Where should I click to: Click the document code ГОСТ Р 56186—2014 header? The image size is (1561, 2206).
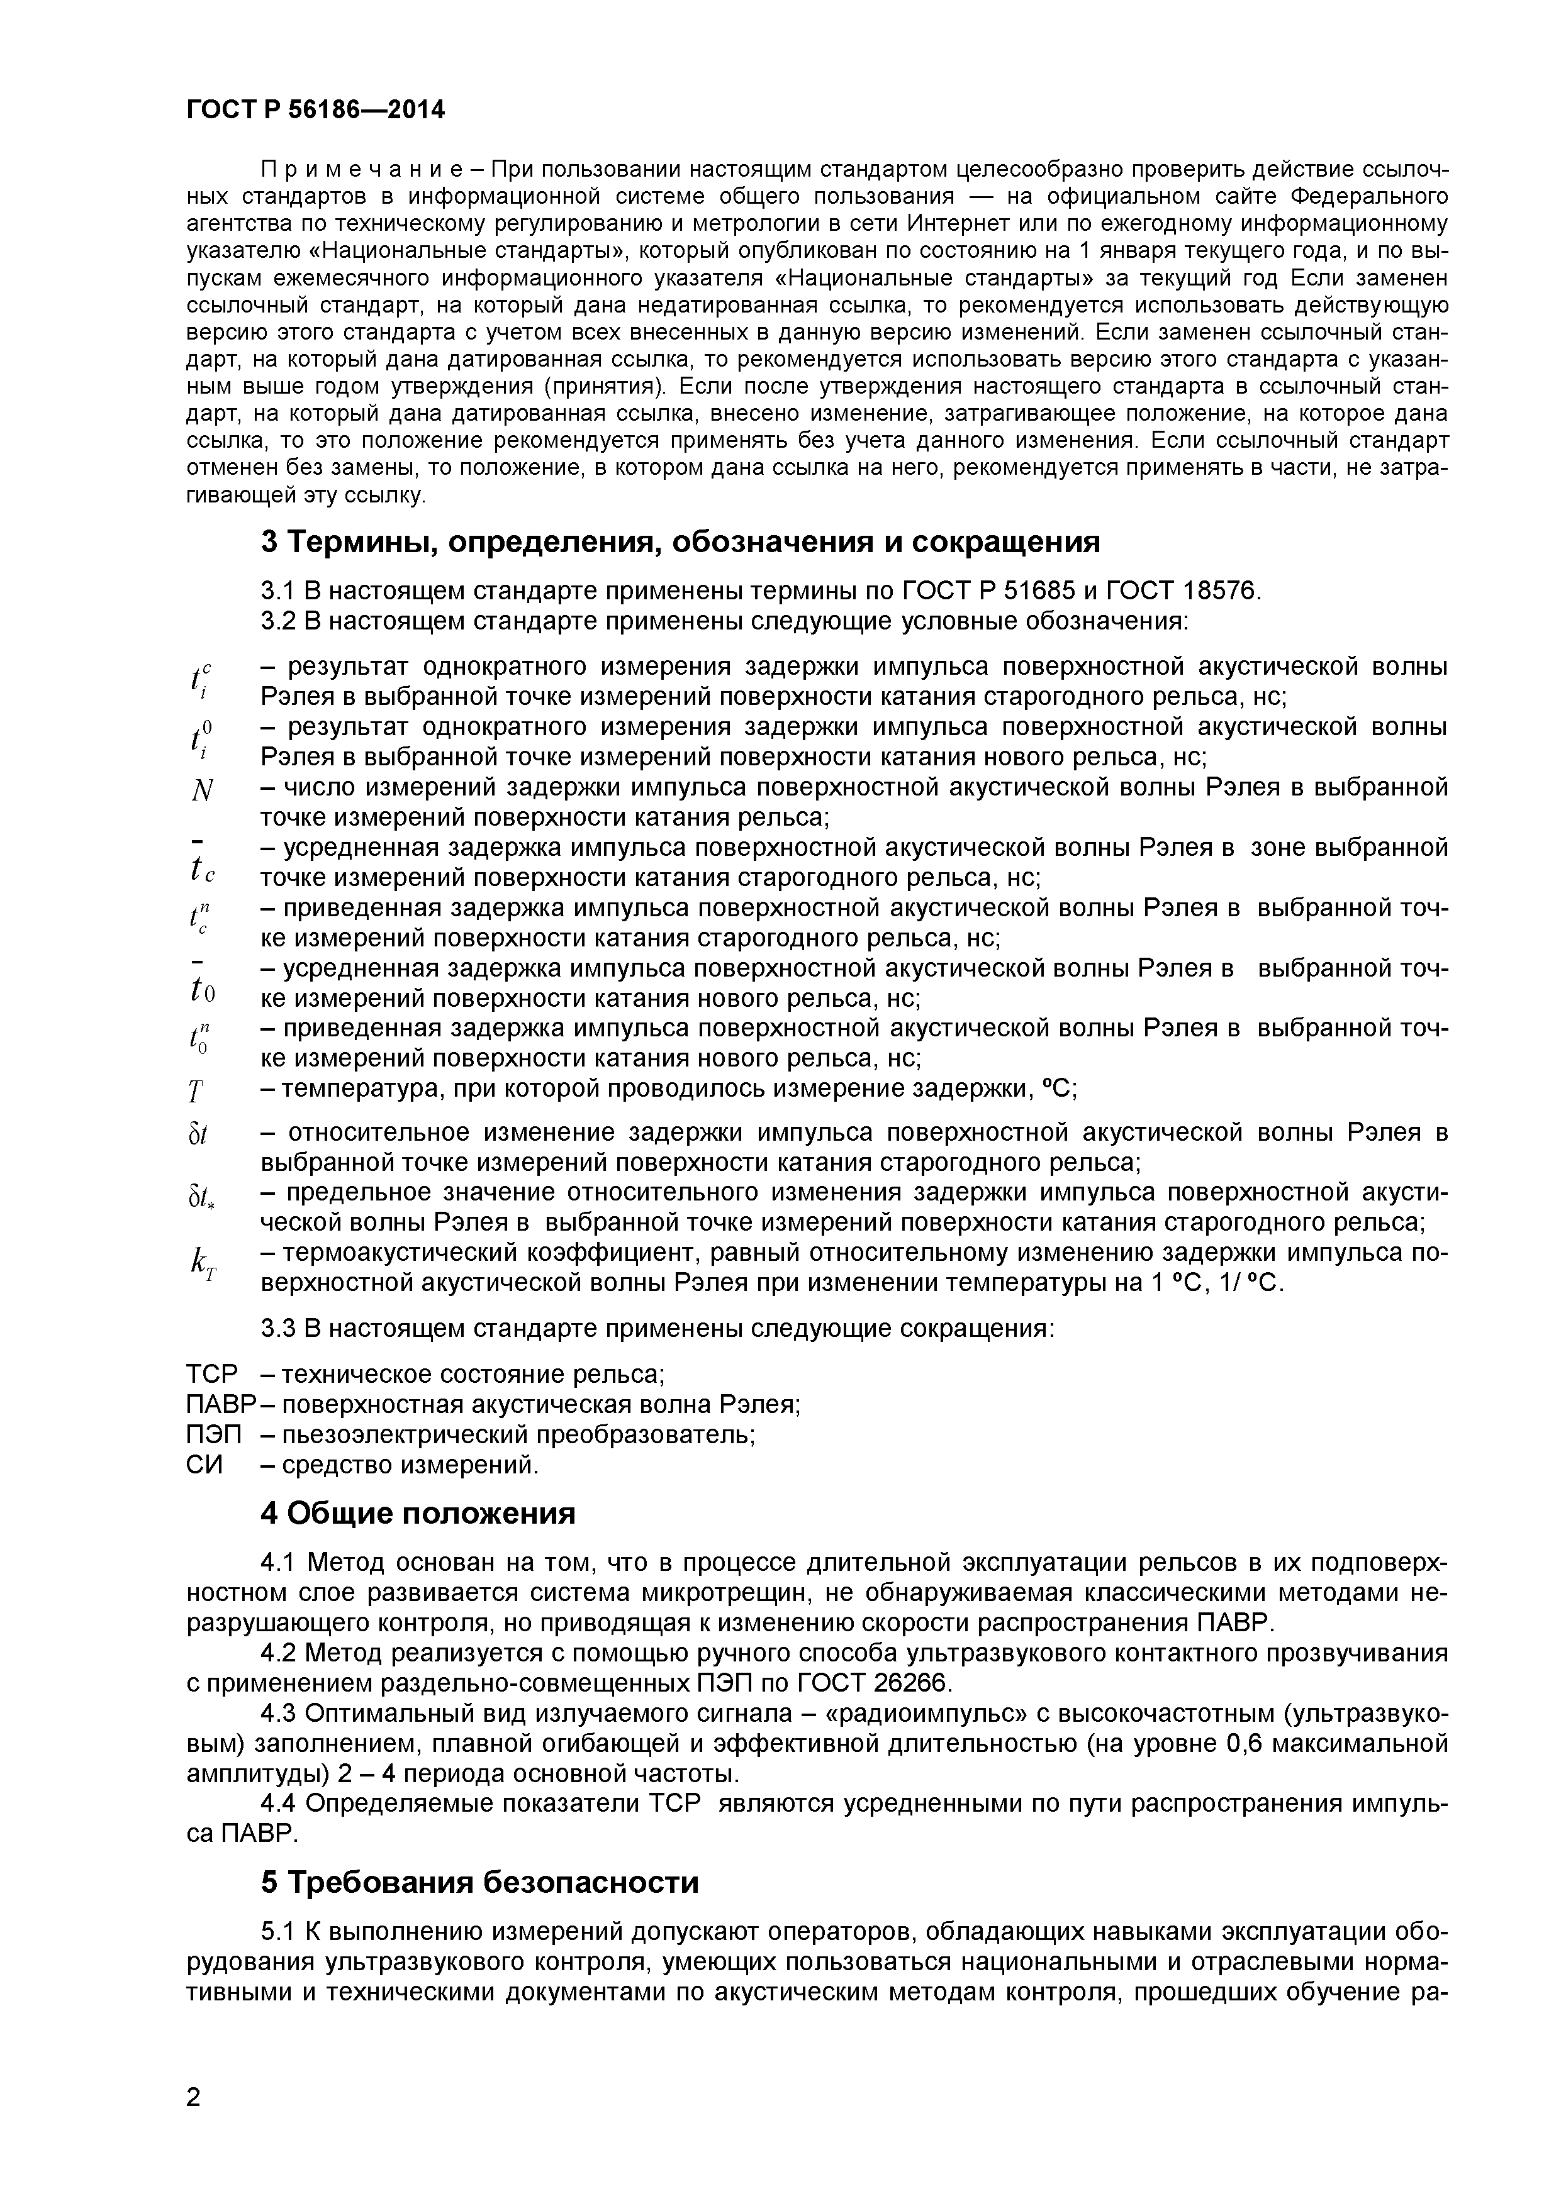[x=315, y=109]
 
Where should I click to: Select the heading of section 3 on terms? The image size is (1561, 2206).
[x=680, y=543]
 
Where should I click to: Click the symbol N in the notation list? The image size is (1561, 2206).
[x=201, y=792]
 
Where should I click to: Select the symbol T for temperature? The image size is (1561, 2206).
[x=196, y=1092]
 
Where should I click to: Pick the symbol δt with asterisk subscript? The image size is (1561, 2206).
[x=202, y=1198]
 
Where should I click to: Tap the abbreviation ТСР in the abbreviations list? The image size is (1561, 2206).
[x=211, y=1374]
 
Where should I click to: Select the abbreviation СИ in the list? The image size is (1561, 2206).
[x=204, y=1465]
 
